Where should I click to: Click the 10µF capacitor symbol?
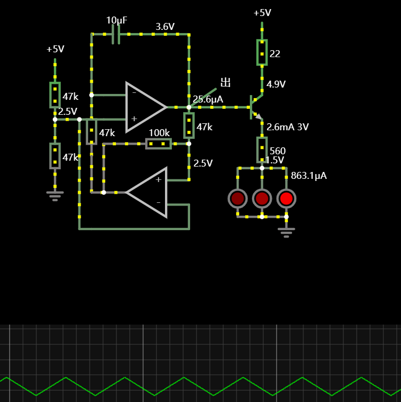click(116, 34)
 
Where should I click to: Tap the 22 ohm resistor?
click(262, 52)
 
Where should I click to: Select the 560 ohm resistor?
click(262, 149)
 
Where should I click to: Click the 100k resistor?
click(159, 144)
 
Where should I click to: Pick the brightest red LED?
click(286, 199)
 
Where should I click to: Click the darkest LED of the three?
click(238, 199)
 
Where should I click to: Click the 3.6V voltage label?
click(165, 27)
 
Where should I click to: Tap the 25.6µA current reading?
click(208, 99)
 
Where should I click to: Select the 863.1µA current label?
click(309, 176)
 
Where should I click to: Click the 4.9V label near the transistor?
click(276, 84)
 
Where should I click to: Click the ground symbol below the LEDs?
click(286, 233)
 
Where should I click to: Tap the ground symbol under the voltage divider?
click(55, 196)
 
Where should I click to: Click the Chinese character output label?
click(226, 83)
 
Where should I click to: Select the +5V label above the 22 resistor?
click(262, 13)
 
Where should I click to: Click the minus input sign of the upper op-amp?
click(134, 92)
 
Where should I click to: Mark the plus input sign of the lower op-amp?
click(159, 179)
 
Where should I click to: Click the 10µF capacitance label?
click(116, 20)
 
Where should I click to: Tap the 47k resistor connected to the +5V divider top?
click(55, 95)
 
